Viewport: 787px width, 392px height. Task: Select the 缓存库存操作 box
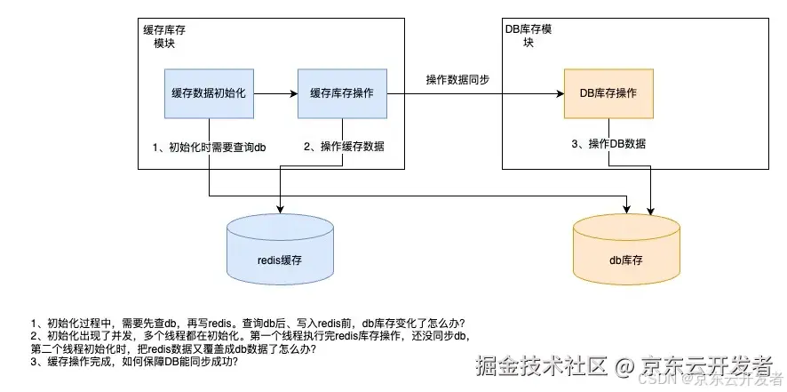tap(342, 92)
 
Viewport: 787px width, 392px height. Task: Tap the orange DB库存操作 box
tap(608, 92)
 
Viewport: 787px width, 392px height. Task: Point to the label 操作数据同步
tap(457, 80)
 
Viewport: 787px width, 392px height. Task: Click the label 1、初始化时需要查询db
tap(210, 146)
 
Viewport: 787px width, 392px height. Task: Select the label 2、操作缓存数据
tap(345, 146)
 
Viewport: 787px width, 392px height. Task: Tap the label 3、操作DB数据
tap(608, 144)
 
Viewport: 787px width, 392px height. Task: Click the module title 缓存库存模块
tap(164, 36)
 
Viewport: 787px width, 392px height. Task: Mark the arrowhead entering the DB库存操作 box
tap(560, 92)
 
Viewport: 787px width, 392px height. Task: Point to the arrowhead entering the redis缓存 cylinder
tap(281, 211)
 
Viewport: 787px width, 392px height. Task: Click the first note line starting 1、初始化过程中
tap(248, 323)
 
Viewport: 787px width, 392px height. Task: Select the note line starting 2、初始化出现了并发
tap(250, 336)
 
